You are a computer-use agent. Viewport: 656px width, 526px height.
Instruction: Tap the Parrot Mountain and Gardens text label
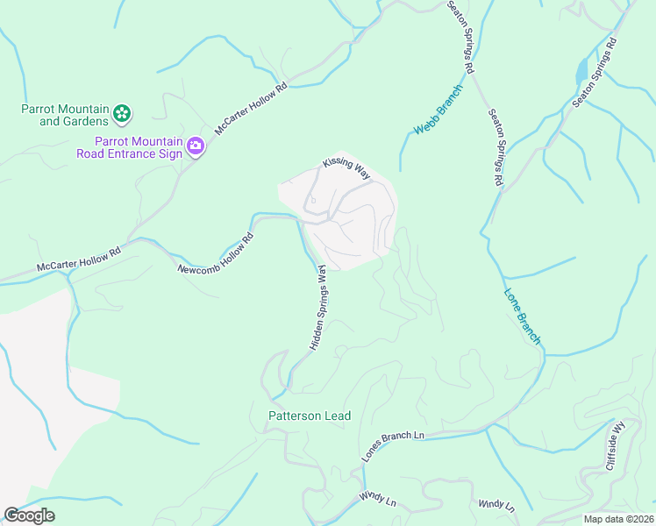pos(65,115)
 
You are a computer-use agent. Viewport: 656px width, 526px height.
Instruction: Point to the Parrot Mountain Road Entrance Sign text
pos(139,147)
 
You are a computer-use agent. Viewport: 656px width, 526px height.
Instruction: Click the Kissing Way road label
pos(346,167)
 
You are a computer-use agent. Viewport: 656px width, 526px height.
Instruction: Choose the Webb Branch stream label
pos(438,116)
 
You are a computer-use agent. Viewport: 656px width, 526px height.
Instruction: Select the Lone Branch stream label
pos(523,316)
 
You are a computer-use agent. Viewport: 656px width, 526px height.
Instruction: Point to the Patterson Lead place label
pos(310,416)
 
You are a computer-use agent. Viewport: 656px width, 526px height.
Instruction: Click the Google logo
pos(29,515)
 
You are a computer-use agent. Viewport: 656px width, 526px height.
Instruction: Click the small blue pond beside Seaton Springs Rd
pos(581,71)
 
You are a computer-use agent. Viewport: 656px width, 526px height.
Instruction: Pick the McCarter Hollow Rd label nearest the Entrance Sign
pos(251,108)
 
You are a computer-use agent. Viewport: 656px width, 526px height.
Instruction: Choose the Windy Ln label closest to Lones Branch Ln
pos(378,498)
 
